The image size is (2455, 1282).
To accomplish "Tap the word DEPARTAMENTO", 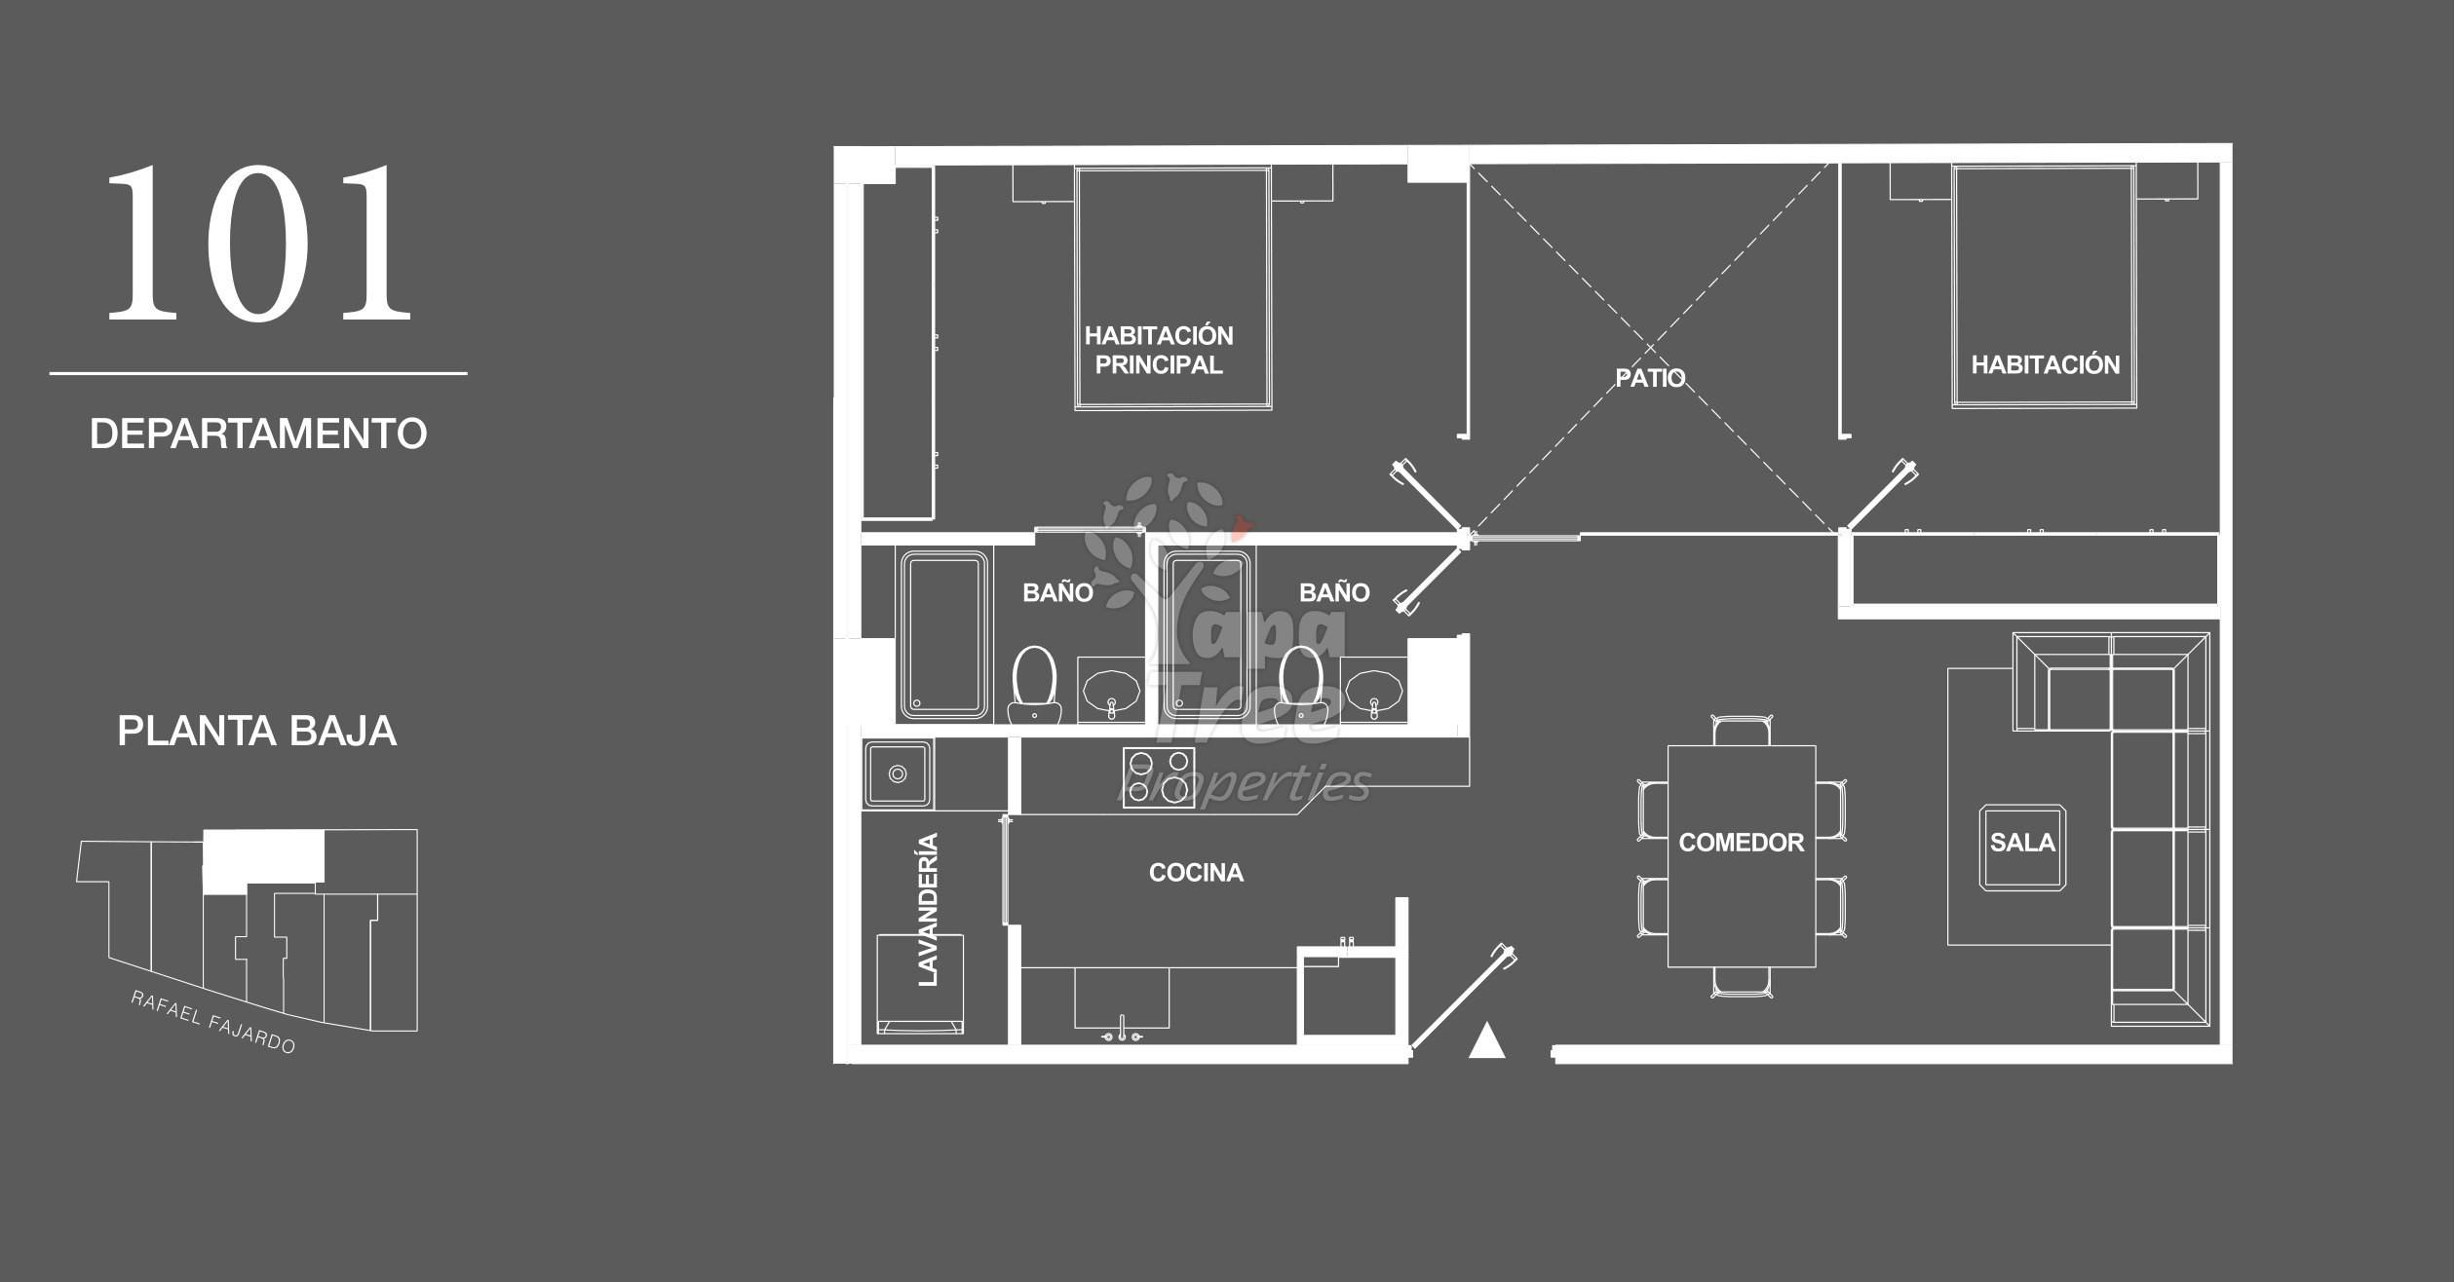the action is click(x=258, y=434).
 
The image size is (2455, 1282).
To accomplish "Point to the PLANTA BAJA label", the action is click(x=257, y=731).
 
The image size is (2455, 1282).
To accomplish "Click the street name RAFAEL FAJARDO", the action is click(x=213, y=1023).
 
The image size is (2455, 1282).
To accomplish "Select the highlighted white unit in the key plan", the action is click(x=263, y=858).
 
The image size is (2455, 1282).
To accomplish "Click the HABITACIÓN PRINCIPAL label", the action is click(x=1159, y=350).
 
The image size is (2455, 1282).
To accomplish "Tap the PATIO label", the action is click(x=1650, y=378).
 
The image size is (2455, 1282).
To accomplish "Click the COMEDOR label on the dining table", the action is click(x=1741, y=843).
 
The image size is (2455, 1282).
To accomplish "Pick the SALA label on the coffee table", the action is click(x=2022, y=843).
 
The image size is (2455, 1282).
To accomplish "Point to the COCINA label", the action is click(x=1196, y=873).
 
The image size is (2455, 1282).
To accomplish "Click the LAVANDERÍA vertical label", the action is click(x=928, y=910).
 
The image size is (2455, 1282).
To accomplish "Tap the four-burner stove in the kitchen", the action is click(x=1159, y=776).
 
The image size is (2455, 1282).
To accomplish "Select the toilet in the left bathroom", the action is click(x=1034, y=685).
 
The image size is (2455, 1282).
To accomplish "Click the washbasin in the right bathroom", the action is click(x=1373, y=691).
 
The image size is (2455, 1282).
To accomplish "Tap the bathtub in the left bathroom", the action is click(x=942, y=635).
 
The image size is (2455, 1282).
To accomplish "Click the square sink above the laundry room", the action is click(x=898, y=774).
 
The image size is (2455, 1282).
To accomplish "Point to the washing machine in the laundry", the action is click(x=920, y=984).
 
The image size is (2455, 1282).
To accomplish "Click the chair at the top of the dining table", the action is click(x=1742, y=731).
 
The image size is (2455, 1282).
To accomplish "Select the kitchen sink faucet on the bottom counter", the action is click(x=1122, y=1031).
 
